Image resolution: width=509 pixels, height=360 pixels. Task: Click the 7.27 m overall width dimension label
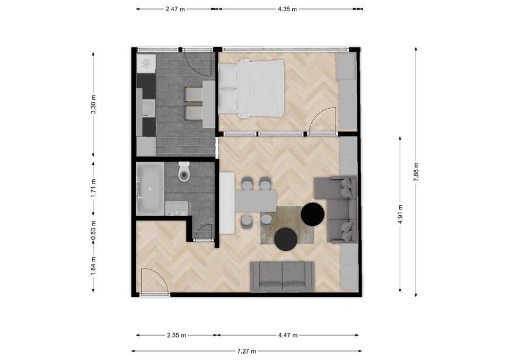247,351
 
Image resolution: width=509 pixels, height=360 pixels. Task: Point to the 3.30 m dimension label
93,104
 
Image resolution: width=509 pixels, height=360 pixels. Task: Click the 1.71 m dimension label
93,188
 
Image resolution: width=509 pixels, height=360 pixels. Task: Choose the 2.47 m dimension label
175,9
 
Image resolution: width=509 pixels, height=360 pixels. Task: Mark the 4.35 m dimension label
287,9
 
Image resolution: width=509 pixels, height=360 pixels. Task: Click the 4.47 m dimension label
287,335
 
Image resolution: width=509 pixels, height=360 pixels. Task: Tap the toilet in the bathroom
184,171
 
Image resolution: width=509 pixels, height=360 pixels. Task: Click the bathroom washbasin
177,208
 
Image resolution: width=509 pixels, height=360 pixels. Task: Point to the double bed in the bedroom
252,89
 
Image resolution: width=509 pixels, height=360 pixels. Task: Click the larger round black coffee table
313,214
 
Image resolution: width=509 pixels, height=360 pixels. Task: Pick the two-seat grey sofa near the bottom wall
283,277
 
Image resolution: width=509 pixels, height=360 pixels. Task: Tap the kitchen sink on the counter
148,108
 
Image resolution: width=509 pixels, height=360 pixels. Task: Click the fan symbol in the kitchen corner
146,64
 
